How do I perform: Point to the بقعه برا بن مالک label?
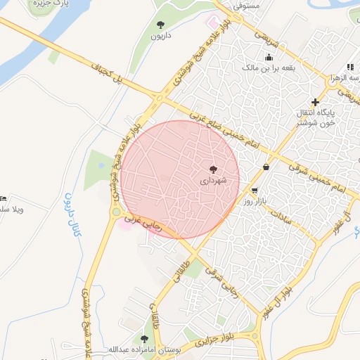point(268,68)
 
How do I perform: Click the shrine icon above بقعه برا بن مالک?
point(268,58)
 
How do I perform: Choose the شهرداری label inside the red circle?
point(214,181)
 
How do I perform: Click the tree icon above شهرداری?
point(214,169)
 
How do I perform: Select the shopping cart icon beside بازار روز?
point(254,191)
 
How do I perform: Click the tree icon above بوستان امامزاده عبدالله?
point(144,339)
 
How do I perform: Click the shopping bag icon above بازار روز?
point(266,167)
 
